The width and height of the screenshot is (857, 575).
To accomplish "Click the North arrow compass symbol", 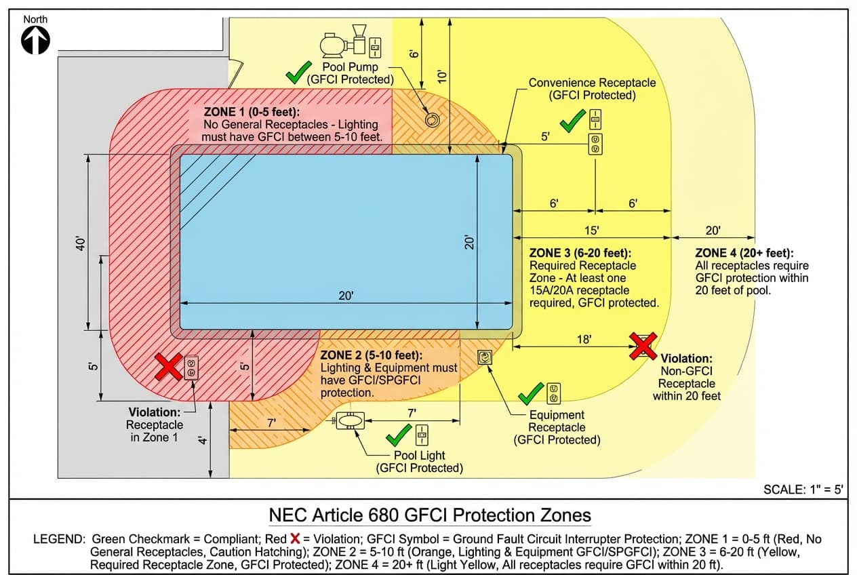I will click(x=35, y=41).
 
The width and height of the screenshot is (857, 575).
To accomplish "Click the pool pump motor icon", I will click(x=334, y=45).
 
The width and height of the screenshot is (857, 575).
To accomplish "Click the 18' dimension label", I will click(x=584, y=338).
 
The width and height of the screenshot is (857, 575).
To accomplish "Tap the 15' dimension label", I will click(x=591, y=230).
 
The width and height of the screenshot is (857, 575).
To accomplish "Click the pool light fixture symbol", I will click(x=351, y=421).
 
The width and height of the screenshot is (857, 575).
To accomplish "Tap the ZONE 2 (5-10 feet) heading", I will click(x=371, y=355).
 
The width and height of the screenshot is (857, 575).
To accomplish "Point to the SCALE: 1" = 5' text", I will click(x=803, y=490).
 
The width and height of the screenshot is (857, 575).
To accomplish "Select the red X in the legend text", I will click(x=295, y=538).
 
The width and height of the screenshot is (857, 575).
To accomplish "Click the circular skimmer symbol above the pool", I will click(x=432, y=120).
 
